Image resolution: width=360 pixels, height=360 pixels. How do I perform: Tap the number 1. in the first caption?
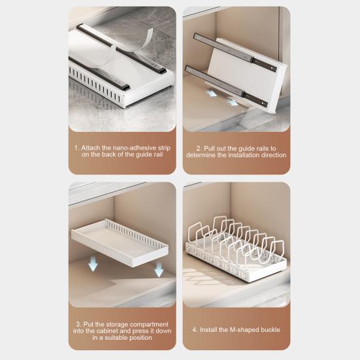[76, 148]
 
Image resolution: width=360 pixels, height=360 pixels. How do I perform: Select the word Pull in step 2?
[208, 148]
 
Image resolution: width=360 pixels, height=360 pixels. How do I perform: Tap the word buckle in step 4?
[269, 330]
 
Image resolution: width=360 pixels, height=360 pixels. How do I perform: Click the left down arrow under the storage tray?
[93, 264]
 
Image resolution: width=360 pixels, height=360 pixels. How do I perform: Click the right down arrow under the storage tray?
[159, 269]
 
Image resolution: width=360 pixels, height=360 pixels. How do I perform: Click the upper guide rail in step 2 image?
[235, 52]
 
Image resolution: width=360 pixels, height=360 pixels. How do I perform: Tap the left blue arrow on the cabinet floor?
[211, 93]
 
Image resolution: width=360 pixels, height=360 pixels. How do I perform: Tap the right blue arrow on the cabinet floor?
[233, 102]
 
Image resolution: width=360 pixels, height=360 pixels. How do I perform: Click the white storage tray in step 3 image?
[120, 243]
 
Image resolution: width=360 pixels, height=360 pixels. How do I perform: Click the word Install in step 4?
[208, 330]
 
